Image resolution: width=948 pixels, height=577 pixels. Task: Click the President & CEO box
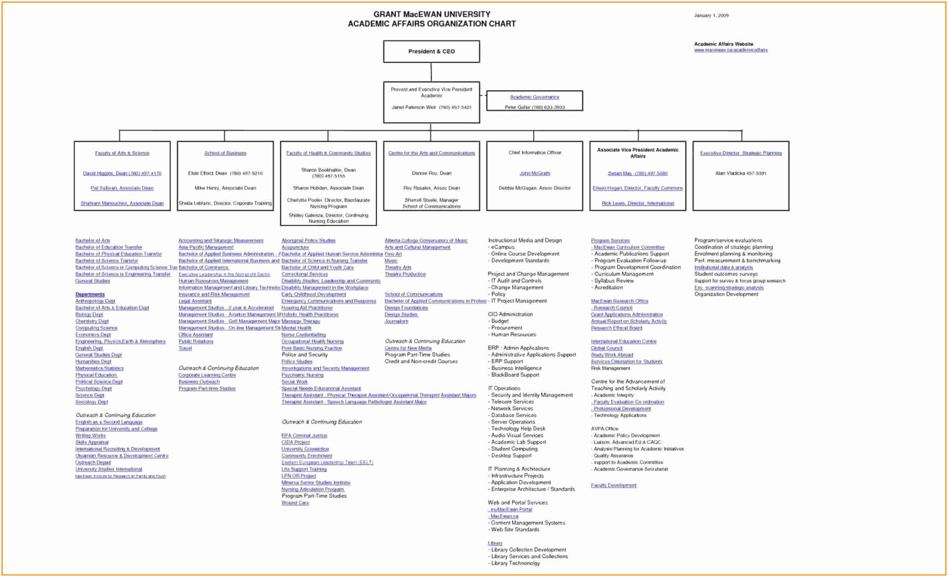431,52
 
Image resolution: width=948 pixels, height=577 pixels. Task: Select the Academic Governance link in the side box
534,97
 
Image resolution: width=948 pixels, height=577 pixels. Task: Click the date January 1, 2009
711,15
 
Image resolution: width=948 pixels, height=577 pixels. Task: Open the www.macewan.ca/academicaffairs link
731,51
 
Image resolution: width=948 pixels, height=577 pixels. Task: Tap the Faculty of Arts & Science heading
122,153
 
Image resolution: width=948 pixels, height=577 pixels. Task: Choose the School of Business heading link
225,153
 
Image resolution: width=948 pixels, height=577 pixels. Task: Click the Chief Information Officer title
535,153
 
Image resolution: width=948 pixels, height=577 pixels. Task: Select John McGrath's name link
535,174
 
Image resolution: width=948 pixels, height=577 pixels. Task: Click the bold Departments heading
90,294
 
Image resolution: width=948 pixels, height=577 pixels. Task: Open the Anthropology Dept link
95,301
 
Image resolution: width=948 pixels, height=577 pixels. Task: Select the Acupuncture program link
295,247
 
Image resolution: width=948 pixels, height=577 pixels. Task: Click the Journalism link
397,321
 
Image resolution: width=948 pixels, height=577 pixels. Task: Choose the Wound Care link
295,503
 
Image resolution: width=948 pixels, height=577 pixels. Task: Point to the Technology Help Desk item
518,429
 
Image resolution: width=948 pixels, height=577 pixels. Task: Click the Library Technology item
515,563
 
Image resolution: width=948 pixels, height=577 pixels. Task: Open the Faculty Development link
613,485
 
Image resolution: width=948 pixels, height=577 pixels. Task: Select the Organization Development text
726,294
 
